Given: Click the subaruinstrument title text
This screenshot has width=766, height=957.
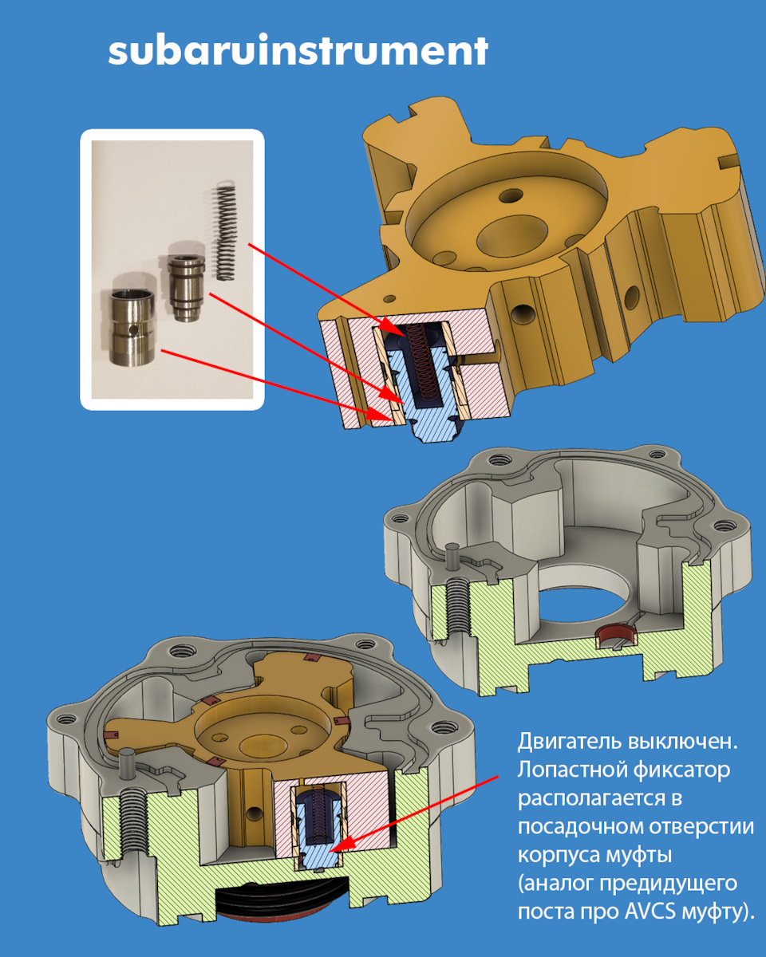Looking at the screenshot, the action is click(298, 50).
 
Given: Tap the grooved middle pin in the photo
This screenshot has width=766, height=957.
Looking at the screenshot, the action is click(186, 288).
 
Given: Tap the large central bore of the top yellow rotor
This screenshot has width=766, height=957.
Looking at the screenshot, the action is click(511, 236).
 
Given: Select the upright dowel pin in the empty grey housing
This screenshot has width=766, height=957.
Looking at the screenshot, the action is click(452, 557).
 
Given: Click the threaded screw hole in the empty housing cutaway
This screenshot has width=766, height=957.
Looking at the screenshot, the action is click(457, 608).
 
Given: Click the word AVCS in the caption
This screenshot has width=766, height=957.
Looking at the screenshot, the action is click(651, 911).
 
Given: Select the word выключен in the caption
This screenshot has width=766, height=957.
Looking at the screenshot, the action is click(683, 743).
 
